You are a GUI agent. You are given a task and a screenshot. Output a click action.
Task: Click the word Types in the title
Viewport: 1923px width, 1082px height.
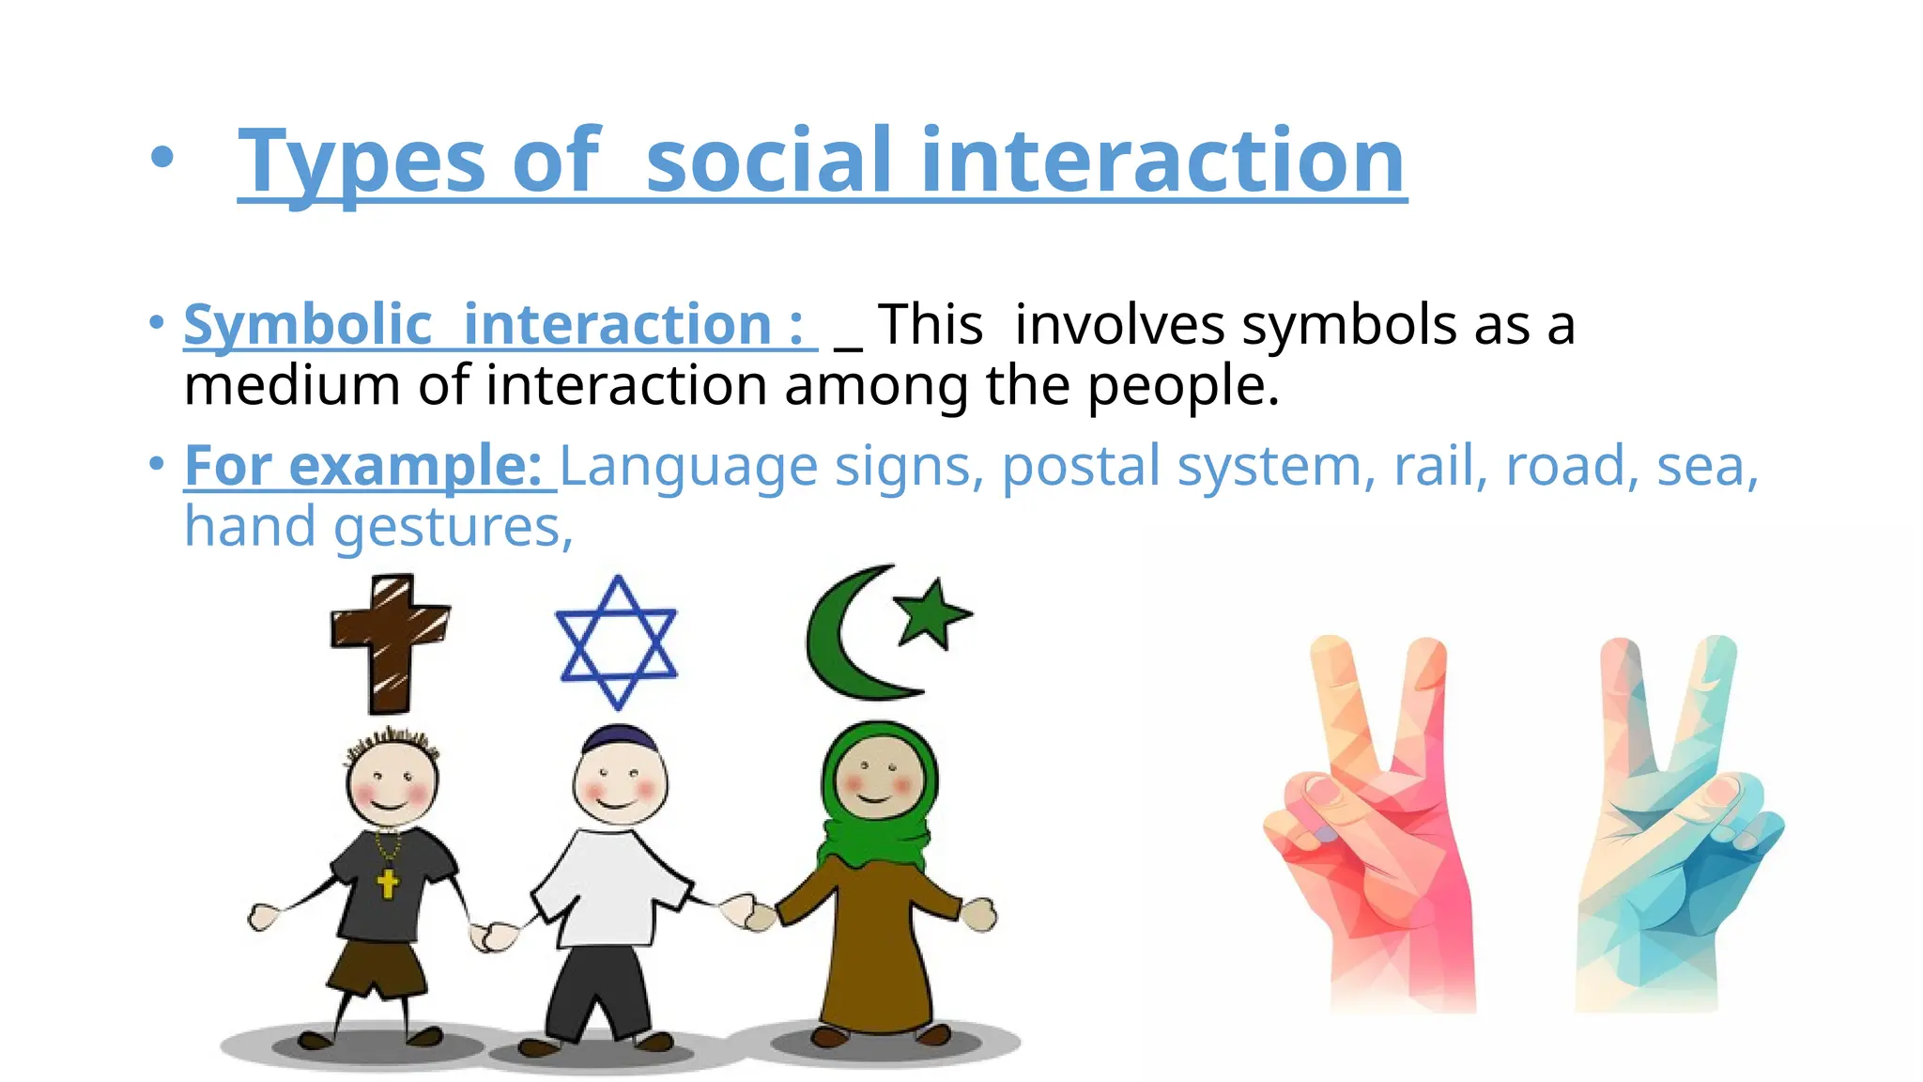click(361, 162)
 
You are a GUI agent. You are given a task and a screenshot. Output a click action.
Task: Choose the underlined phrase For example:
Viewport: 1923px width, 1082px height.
click(363, 466)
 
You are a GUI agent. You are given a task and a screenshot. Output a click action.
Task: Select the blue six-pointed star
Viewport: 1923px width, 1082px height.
click(617, 642)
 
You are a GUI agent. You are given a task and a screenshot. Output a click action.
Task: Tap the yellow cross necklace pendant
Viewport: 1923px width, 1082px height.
click(387, 882)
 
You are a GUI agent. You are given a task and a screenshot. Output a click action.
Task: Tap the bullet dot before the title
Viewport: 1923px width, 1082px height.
click(162, 159)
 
